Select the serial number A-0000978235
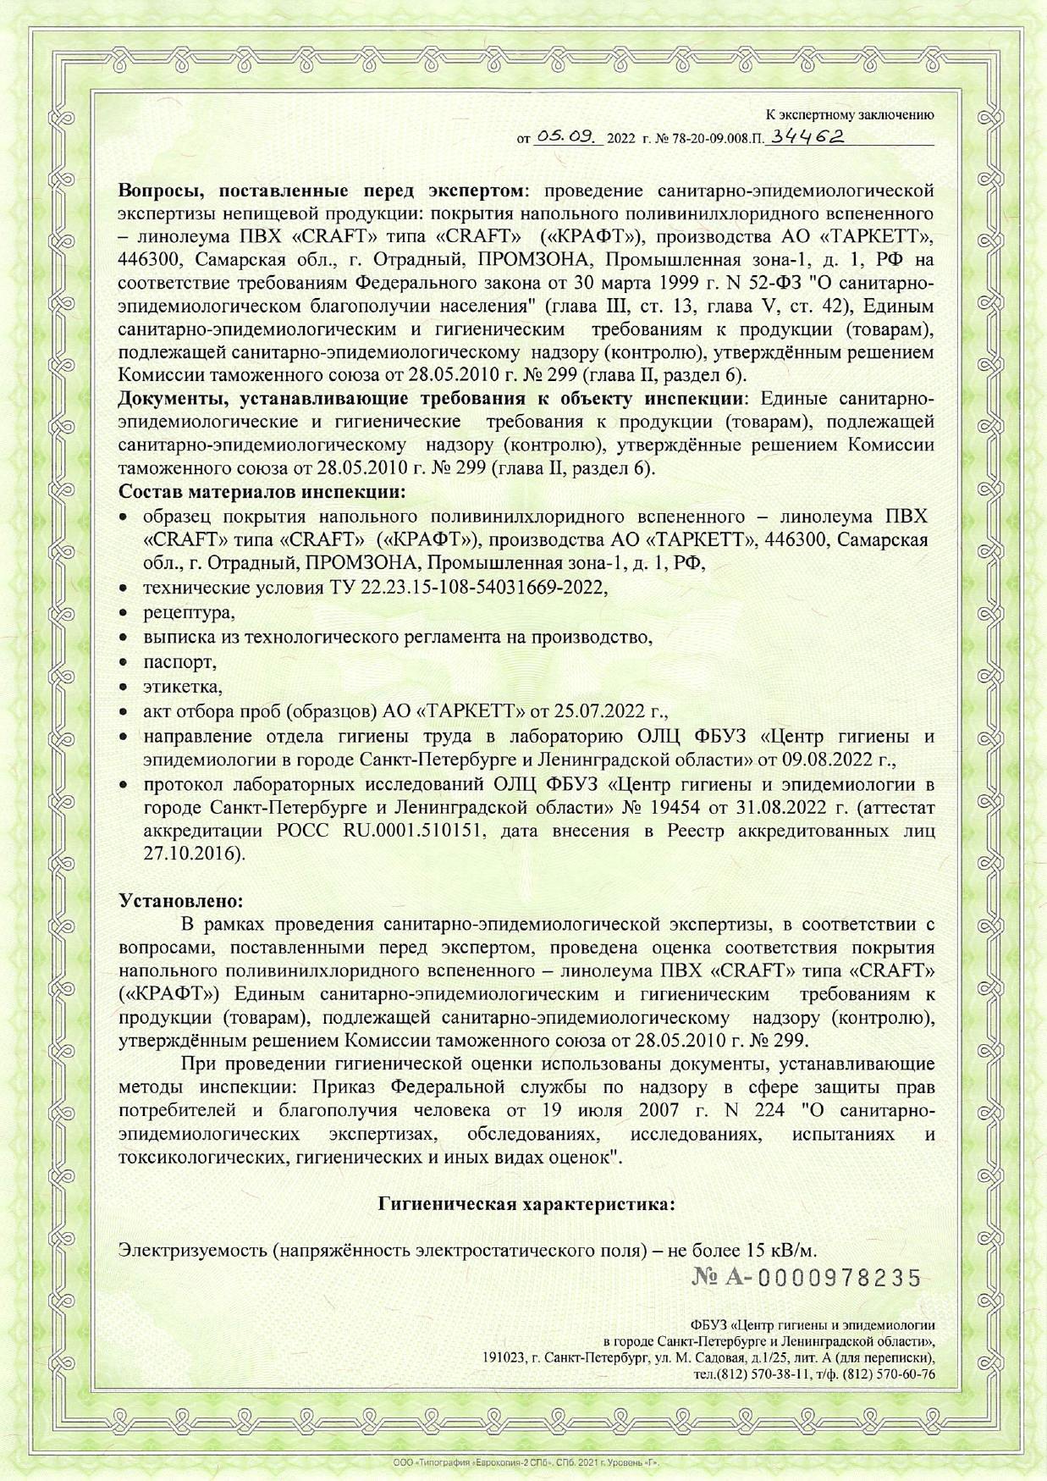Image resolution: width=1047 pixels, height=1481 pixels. pyautogui.click(x=807, y=1278)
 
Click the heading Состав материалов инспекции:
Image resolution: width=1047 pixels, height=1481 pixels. pyautogui.click(x=262, y=491)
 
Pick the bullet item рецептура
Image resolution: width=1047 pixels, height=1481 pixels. pyautogui.click(x=189, y=612)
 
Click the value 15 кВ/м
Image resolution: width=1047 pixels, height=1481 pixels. pyautogui.click(x=782, y=1250)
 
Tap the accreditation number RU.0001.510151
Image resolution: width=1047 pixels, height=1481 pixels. pyautogui.click(x=415, y=831)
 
